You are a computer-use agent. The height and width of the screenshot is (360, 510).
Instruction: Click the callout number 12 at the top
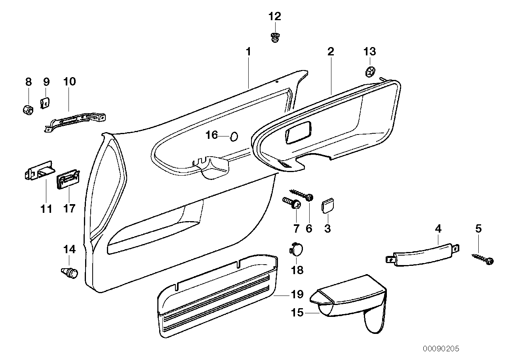coord(274,17)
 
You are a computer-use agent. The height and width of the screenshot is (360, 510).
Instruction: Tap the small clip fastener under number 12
coord(274,38)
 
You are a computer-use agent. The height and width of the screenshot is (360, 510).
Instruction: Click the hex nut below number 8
coord(27,109)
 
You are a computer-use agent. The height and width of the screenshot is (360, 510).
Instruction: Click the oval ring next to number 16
coord(234,136)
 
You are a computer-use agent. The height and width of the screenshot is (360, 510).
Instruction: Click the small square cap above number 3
coord(327,206)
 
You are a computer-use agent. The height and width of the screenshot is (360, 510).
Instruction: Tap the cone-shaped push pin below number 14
coord(69,273)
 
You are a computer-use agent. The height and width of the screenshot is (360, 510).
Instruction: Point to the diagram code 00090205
coord(440,349)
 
